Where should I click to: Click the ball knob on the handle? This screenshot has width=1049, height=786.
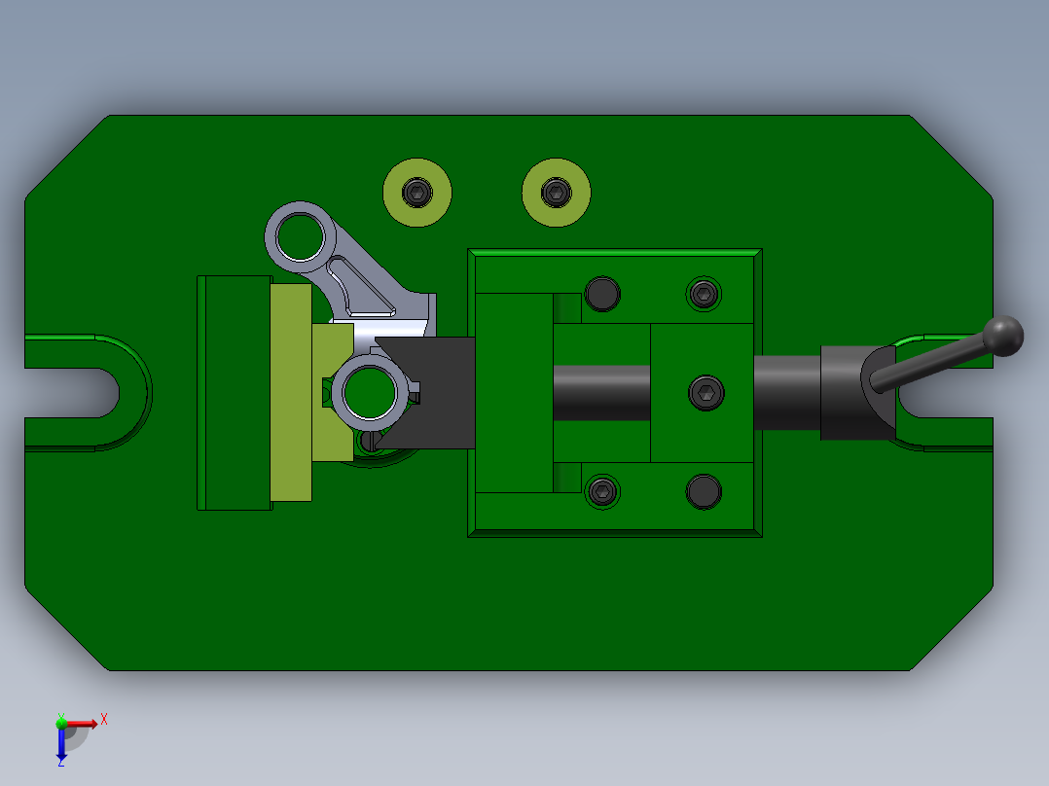1003,335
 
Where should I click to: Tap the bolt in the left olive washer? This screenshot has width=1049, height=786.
417,192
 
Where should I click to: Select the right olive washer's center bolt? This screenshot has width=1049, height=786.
556,192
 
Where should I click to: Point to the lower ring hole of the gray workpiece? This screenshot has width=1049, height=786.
369,391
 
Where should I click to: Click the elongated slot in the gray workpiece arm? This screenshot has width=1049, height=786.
362,290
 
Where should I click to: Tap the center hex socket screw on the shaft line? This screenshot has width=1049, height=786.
705,393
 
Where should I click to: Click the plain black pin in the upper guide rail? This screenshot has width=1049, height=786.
603,293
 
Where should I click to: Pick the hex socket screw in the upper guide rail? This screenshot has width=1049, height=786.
704,293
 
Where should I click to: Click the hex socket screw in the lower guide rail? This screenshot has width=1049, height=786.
603,492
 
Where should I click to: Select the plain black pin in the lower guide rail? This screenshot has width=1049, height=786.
704,492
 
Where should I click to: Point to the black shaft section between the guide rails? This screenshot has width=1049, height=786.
601,393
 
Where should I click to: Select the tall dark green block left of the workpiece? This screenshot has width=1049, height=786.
234,392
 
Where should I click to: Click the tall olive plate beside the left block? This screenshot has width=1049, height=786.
291,392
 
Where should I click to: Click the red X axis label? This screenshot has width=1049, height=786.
104,719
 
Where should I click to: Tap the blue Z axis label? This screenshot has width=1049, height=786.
60,762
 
